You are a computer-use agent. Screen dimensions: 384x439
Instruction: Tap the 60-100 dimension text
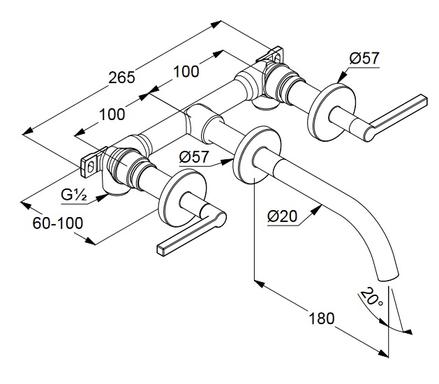point(59,223)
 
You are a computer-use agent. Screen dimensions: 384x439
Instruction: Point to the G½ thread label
point(73,195)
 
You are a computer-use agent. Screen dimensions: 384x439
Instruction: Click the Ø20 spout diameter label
point(283,217)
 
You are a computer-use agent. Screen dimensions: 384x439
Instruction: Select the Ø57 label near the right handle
point(364,59)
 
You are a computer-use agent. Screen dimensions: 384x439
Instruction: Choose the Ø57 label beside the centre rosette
point(194,157)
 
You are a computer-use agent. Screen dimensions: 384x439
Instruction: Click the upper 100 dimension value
point(186,71)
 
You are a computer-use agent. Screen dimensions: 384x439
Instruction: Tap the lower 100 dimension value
point(112,114)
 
